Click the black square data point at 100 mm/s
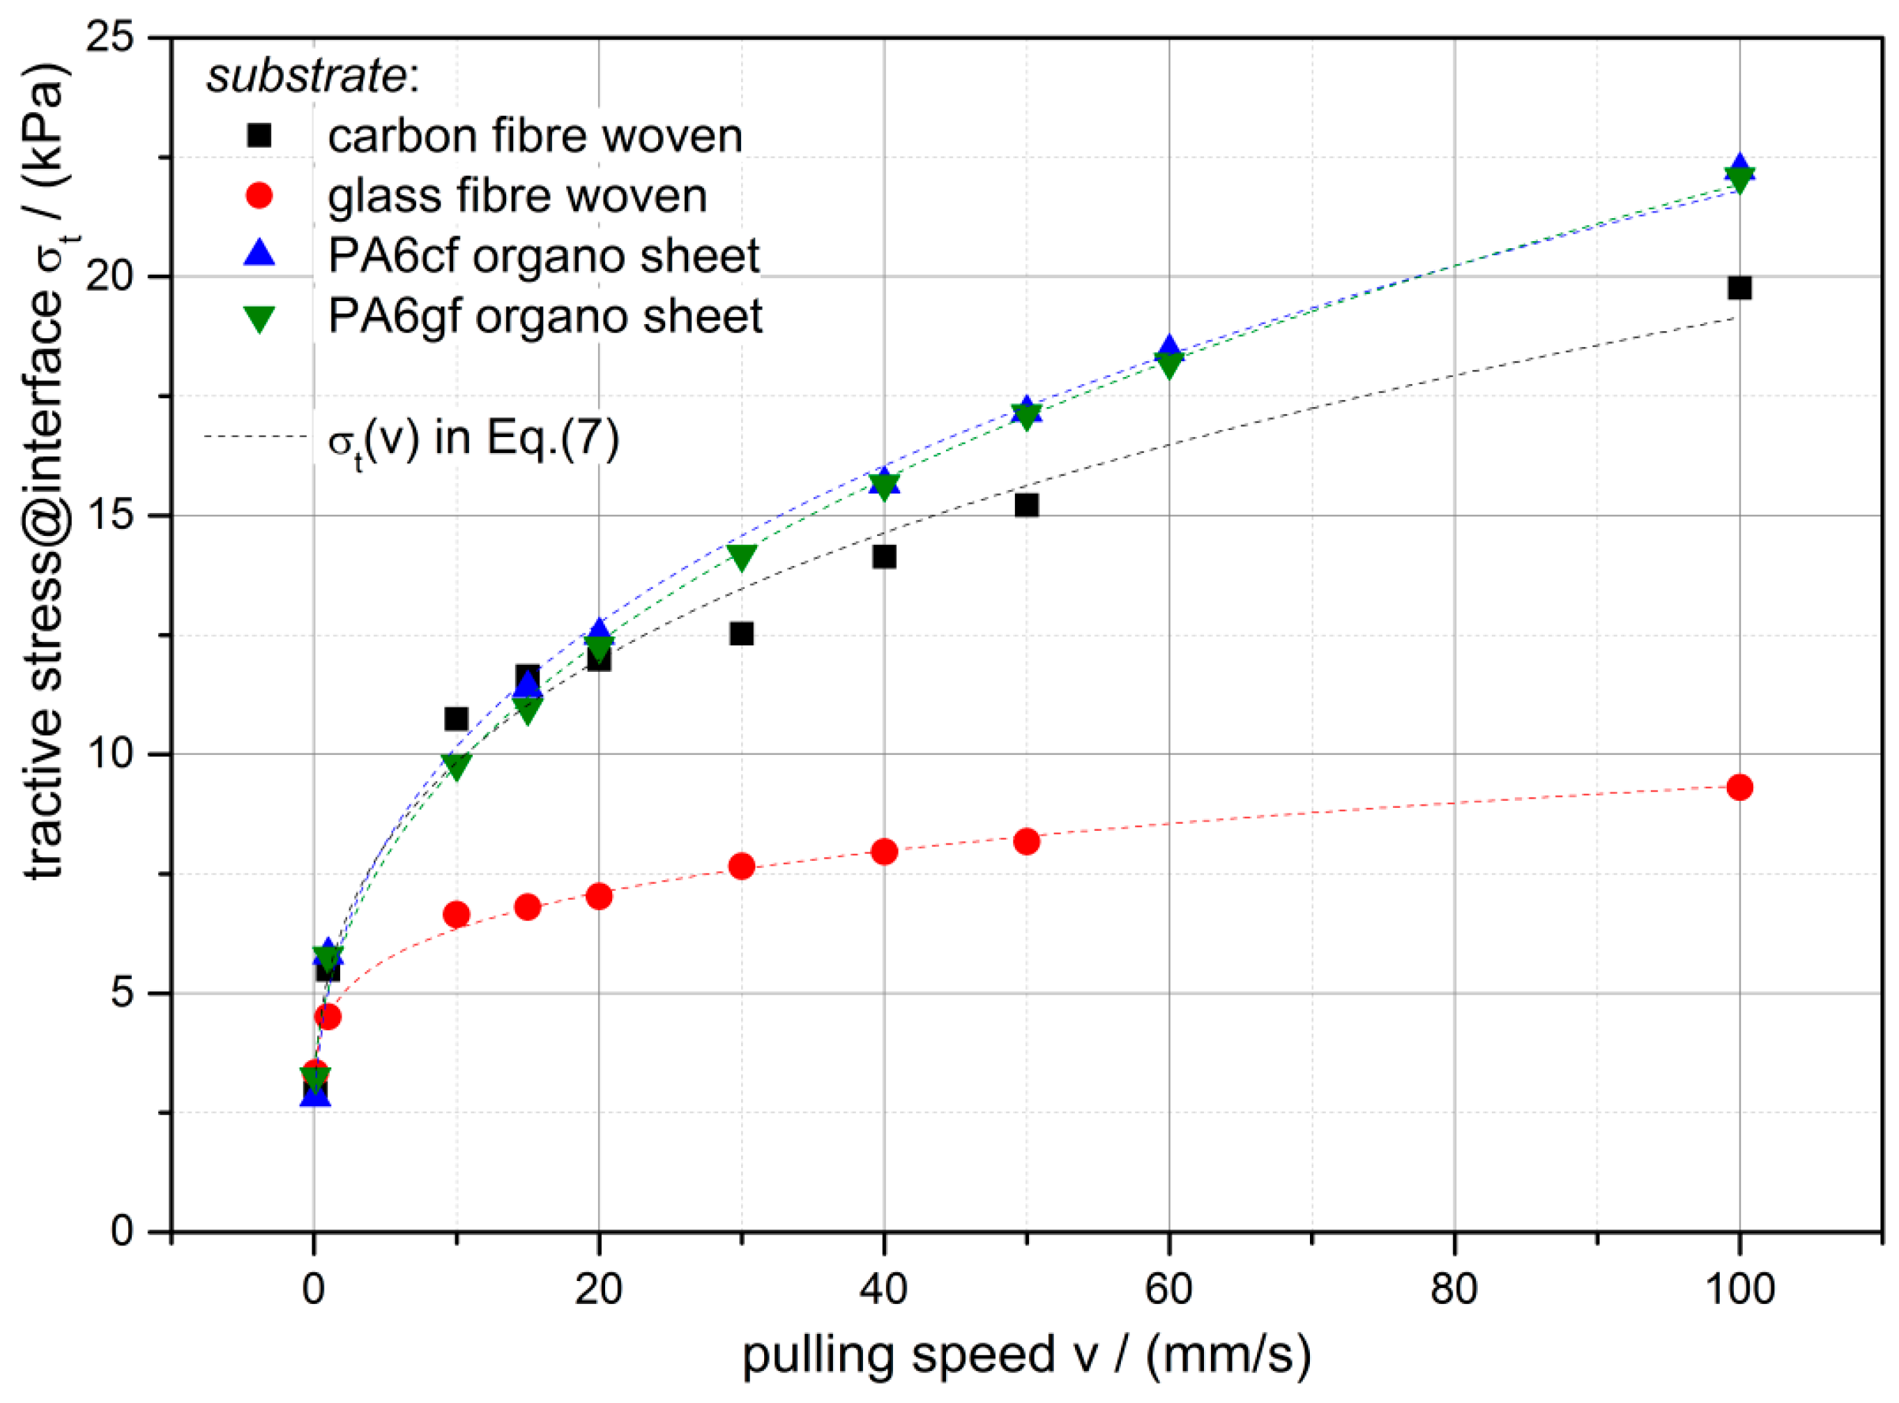(1739, 288)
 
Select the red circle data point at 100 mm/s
(1739, 788)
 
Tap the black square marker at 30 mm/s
(742, 634)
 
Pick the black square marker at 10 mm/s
(456, 719)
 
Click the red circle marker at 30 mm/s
(742, 866)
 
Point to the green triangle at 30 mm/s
(742, 556)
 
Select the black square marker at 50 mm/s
(1026, 505)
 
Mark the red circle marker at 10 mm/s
(456, 914)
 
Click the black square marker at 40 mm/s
(883, 557)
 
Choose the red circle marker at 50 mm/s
(1026, 842)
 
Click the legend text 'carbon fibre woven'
(535, 136)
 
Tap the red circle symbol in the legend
(259, 196)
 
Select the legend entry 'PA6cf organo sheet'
(544, 256)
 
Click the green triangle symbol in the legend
(259, 319)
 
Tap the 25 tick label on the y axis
(110, 38)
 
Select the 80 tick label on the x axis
(1454, 1289)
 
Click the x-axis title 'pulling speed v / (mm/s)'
(1026, 1356)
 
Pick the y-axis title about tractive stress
(47, 475)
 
